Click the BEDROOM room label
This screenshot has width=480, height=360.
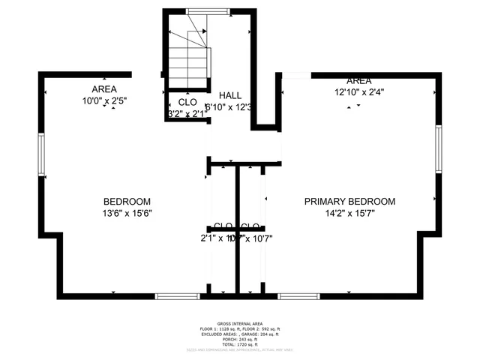click(x=127, y=202)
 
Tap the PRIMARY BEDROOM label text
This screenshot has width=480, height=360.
click(x=349, y=202)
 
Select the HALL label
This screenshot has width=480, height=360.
click(x=230, y=96)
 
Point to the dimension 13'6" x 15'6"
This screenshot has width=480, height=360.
click(x=127, y=214)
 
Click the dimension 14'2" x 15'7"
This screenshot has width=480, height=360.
click(x=349, y=214)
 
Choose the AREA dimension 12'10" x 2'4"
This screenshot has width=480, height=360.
click(x=358, y=93)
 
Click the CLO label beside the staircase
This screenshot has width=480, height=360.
click(x=187, y=102)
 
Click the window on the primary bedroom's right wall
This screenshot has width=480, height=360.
click(x=438, y=149)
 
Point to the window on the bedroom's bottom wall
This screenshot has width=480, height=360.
click(x=177, y=296)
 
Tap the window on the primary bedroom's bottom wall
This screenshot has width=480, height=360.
click(x=298, y=296)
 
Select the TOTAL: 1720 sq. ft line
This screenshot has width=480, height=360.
click(x=240, y=344)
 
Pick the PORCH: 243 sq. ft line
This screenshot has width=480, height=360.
click(x=240, y=340)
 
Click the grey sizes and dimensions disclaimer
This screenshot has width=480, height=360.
click(x=240, y=349)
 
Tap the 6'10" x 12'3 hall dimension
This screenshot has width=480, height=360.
click(x=232, y=107)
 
